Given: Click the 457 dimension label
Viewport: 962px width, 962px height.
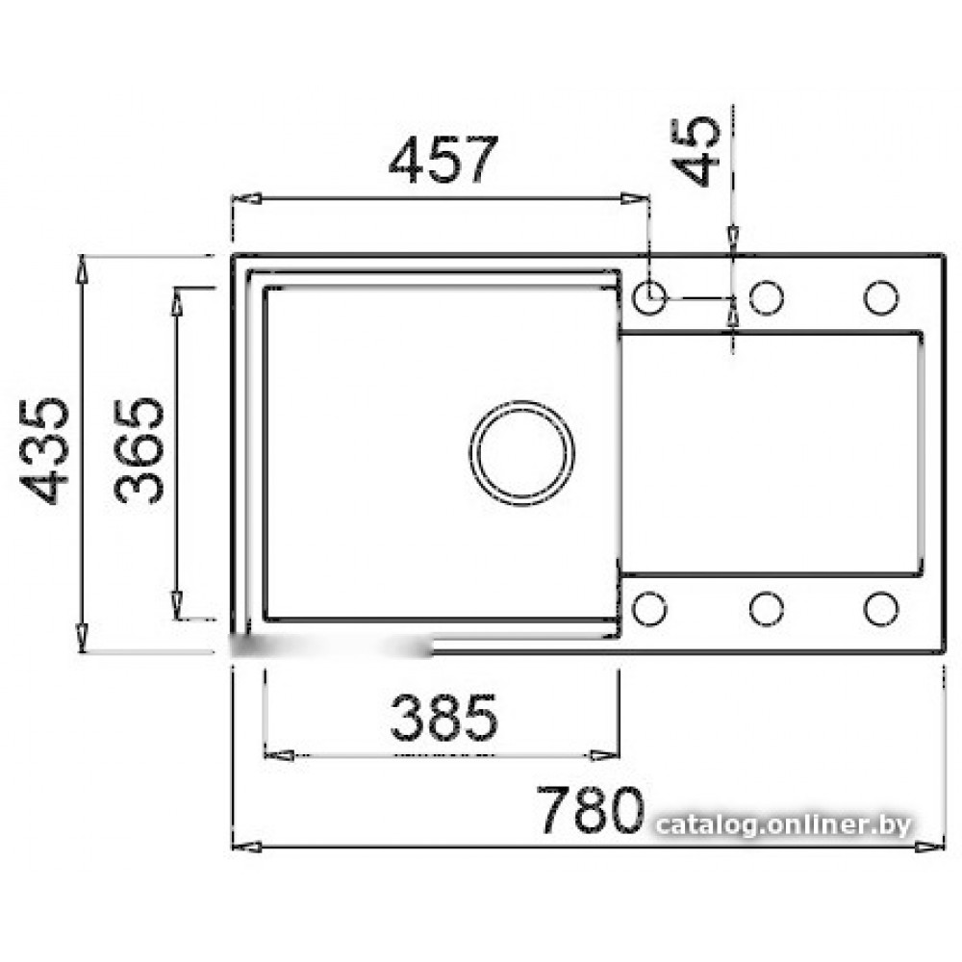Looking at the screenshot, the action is pos(443,160).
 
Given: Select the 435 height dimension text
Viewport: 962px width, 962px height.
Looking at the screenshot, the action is pos(44,451).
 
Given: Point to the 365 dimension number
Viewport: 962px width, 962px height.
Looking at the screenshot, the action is pos(139,451).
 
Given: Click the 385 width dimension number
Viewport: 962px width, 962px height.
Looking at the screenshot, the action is pos(443,717).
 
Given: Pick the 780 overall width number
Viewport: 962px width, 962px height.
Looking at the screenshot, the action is pos(591,809).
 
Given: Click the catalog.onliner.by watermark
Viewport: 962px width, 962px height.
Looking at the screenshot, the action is pos(783,825).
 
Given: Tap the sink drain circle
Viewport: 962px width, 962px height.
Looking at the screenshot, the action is pos(522,453).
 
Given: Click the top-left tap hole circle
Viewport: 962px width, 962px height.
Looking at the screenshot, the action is pos(649,297).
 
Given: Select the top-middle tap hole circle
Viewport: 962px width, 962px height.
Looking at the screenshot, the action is pos(767,297).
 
